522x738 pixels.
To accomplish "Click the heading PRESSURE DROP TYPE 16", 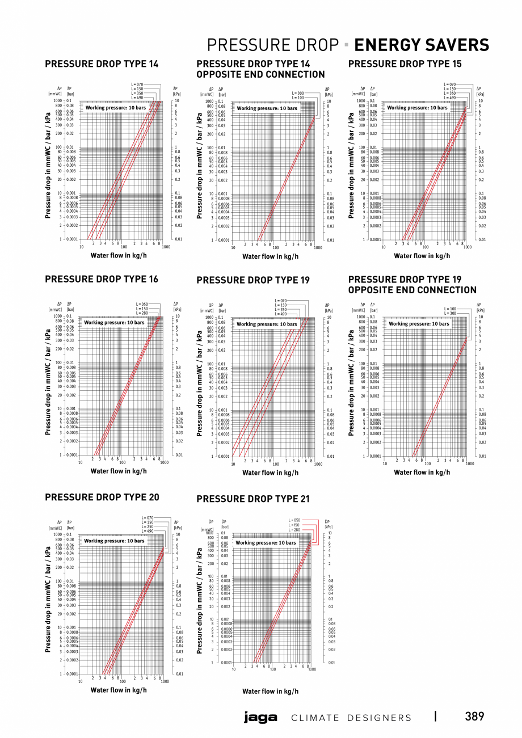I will pos(102,279).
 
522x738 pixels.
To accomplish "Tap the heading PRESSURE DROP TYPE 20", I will pos(102,497).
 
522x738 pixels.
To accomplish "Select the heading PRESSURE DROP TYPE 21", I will pos(253,499).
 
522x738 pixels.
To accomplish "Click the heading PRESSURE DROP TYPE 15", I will pos(405,64).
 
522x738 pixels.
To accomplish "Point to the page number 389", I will pos(474,716).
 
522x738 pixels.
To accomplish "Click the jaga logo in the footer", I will pos(260,718).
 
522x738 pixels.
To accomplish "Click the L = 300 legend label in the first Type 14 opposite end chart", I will pos(298,93).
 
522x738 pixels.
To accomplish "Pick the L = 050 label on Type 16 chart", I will pos(142,304).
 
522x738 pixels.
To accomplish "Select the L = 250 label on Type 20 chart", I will pos(146,527).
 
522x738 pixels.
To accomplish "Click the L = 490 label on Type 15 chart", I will pos(449,98).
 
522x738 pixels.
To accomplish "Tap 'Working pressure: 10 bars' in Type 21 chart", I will pos(266,543).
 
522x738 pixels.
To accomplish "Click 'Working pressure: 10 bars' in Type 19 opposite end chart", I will pos(419,324).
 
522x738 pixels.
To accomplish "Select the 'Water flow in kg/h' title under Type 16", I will pos(119,471).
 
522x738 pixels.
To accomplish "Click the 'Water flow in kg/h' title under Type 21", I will pos(270,691).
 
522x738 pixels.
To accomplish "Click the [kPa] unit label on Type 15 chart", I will pos(479,93).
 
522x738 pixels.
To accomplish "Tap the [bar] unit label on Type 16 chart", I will pos(70,310).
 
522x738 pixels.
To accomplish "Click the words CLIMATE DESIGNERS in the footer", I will pos(351,718).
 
